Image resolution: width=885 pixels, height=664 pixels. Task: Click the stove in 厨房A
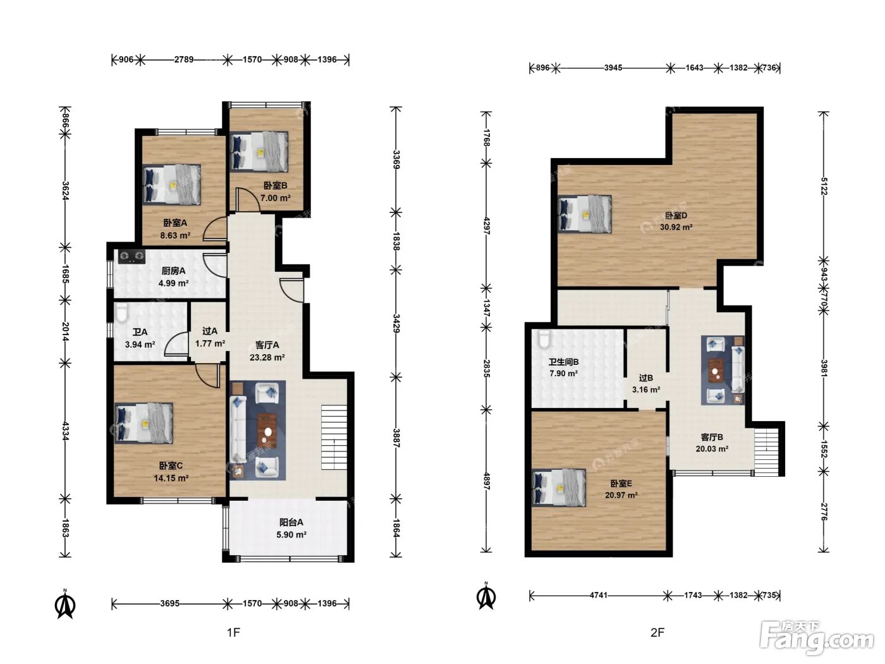tap(131, 256)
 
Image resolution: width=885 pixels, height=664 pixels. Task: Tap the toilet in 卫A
tap(121, 313)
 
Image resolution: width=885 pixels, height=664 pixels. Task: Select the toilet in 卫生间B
tap(544, 339)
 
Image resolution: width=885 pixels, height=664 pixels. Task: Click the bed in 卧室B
tap(259, 152)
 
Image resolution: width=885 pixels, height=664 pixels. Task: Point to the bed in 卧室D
tap(585, 214)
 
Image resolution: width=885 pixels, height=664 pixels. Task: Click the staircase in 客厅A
tap(334, 437)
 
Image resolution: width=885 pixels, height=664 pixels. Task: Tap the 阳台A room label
tap(291, 522)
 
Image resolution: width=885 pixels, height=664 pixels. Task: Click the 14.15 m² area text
tap(171, 478)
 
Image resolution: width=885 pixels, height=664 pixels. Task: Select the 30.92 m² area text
tap(676, 227)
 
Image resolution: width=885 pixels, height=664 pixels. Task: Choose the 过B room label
tap(646, 378)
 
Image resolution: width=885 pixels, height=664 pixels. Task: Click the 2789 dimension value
tap(184, 59)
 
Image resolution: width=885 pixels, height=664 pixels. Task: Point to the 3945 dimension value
tap(613, 68)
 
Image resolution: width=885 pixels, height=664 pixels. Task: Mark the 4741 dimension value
tap(599, 595)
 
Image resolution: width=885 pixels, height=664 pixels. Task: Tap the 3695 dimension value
tap(170, 603)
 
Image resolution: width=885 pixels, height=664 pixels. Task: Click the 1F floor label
tap(233, 632)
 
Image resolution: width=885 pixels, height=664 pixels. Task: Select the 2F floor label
tap(657, 632)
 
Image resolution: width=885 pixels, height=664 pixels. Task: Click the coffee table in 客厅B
tap(715, 370)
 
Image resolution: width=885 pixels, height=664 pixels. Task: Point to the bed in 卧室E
tap(559, 488)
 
